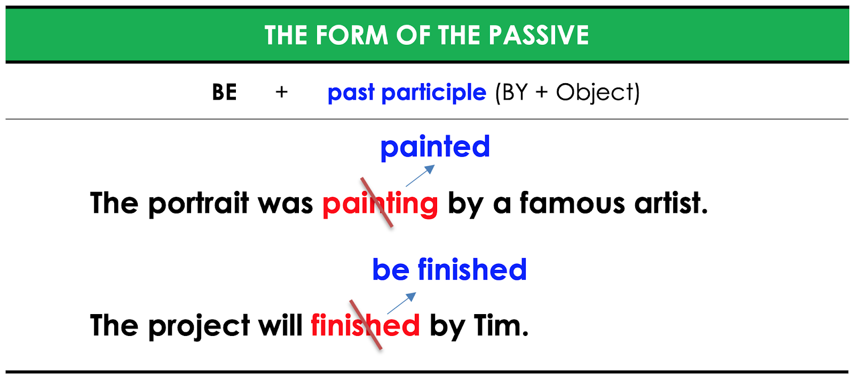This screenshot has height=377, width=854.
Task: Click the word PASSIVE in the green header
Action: pyautogui.click(x=539, y=36)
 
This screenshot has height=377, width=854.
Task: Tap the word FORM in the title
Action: pyautogui.click(x=352, y=36)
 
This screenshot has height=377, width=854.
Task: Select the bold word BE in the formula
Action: pyautogui.click(x=224, y=92)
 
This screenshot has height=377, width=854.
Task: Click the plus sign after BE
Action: pyautogui.click(x=281, y=92)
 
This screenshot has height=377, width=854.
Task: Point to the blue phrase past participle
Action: pyautogui.click(x=407, y=93)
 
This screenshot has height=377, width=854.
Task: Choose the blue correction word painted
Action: pyautogui.click(x=435, y=147)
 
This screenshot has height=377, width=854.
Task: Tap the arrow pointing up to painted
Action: pyautogui.click(x=420, y=176)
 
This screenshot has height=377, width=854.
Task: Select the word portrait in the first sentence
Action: pyautogui.click(x=199, y=204)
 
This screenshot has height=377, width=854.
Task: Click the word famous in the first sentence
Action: pyautogui.click(x=572, y=204)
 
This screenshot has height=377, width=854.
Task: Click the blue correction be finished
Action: pyautogui.click(x=449, y=270)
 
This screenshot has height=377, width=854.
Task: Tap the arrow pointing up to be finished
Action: pyautogui.click(x=401, y=303)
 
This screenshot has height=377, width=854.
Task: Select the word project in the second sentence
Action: pyautogui.click(x=199, y=326)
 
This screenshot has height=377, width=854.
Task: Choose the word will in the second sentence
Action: pyautogui.click(x=280, y=326)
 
